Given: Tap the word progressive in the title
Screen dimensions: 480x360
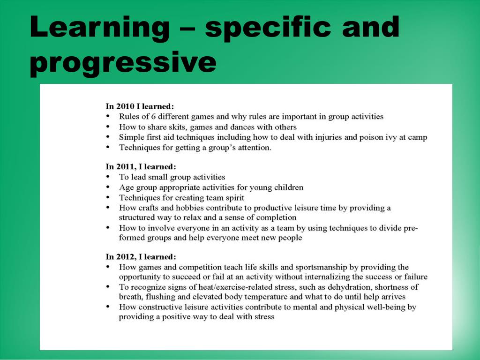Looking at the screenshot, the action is click(x=123, y=62).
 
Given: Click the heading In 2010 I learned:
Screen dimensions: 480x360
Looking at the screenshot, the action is click(x=140, y=106).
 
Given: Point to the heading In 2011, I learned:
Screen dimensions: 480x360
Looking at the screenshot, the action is click(x=141, y=166).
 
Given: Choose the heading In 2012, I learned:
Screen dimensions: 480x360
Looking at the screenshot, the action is click(x=141, y=256).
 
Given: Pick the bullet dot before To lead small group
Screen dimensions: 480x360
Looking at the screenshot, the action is click(x=108, y=177).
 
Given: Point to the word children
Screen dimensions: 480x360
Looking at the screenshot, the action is click(x=289, y=187).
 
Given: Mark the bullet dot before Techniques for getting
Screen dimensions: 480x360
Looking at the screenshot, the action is click(x=108, y=148).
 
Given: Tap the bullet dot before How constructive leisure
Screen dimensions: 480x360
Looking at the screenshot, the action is click(x=108, y=307).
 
